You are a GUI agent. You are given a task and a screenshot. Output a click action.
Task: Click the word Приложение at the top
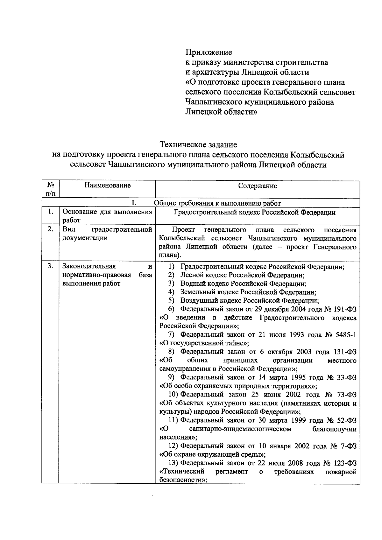(209, 52)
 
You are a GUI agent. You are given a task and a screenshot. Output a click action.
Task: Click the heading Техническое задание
(198, 145)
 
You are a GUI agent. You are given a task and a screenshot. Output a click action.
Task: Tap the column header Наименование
(107, 185)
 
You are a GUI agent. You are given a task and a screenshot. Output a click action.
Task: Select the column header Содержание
(258, 186)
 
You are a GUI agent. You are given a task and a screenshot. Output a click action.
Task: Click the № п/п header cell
(50, 189)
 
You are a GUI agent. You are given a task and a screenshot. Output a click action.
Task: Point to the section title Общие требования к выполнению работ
(217, 203)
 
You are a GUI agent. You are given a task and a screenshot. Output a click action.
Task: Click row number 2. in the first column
(50, 229)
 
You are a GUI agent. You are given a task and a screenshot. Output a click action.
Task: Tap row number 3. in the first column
(50, 266)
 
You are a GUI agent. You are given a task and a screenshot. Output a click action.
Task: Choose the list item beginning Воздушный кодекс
(250, 300)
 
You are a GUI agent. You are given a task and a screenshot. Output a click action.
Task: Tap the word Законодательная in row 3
(89, 266)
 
